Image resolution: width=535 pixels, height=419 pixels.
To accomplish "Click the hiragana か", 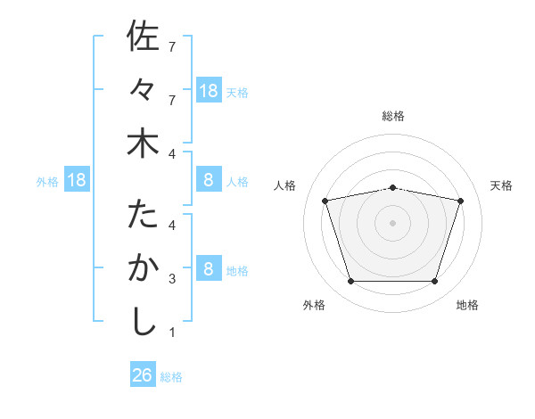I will click(143, 268).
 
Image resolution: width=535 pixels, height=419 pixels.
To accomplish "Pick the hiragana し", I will click(143, 322).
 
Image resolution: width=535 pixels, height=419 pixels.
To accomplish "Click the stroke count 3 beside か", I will click(172, 279).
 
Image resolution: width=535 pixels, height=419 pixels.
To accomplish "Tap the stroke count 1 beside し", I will click(172, 333).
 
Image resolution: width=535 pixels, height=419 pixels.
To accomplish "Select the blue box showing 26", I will click(143, 375).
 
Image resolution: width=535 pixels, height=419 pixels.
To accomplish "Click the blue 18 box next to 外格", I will click(77, 181).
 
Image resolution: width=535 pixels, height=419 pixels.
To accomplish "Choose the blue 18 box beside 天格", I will click(209, 90).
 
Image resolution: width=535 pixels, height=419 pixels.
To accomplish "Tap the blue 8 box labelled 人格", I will click(209, 181).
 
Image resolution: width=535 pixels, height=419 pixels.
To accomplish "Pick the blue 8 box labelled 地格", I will click(209, 269).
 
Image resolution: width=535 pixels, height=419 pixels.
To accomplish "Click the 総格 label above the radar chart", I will click(393, 116).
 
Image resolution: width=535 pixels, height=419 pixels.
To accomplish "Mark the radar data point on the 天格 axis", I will click(461, 201).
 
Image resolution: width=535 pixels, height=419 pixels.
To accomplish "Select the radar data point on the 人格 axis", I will click(325, 201).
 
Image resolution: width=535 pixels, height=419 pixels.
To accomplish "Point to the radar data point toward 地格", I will click(434, 281).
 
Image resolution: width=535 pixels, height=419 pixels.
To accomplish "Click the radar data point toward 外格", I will click(351, 281).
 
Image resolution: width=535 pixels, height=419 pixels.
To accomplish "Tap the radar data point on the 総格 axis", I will click(393, 187).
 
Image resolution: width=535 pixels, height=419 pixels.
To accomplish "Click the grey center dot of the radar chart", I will click(393, 223).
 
